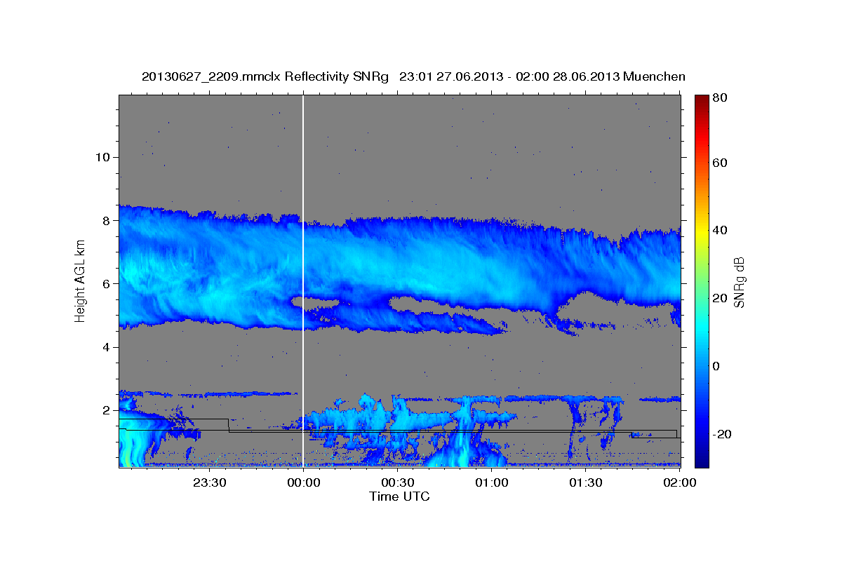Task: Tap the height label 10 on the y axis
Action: (x=102, y=157)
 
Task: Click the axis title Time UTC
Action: (x=399, y=496)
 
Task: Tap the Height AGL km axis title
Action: (x=80, y=280)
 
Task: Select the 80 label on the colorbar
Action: (x=719, y=97)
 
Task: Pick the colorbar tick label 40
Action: (x=719, y=230)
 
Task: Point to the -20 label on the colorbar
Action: (x=721, y=434)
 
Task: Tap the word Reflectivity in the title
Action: (x=313, y=76)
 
